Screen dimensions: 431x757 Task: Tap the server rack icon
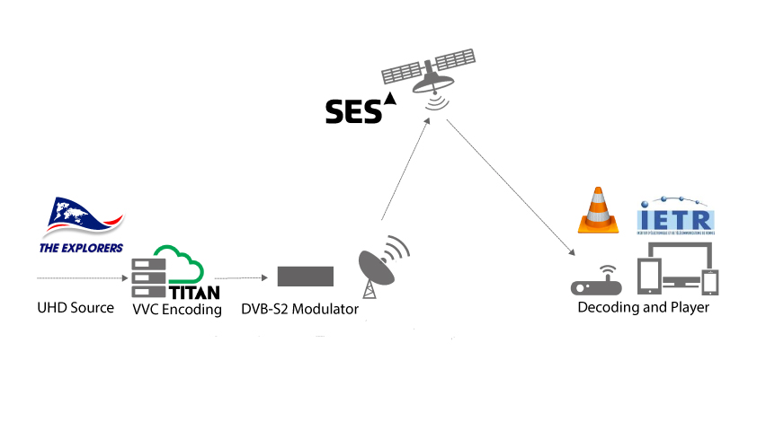146,278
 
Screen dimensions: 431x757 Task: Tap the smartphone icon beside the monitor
711,282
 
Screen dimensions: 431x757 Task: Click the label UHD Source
76,308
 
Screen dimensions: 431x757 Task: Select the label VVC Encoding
177,310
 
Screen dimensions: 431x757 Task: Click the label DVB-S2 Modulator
300,310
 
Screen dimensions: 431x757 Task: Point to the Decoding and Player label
643,308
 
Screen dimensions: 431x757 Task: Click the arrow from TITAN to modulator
240,278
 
